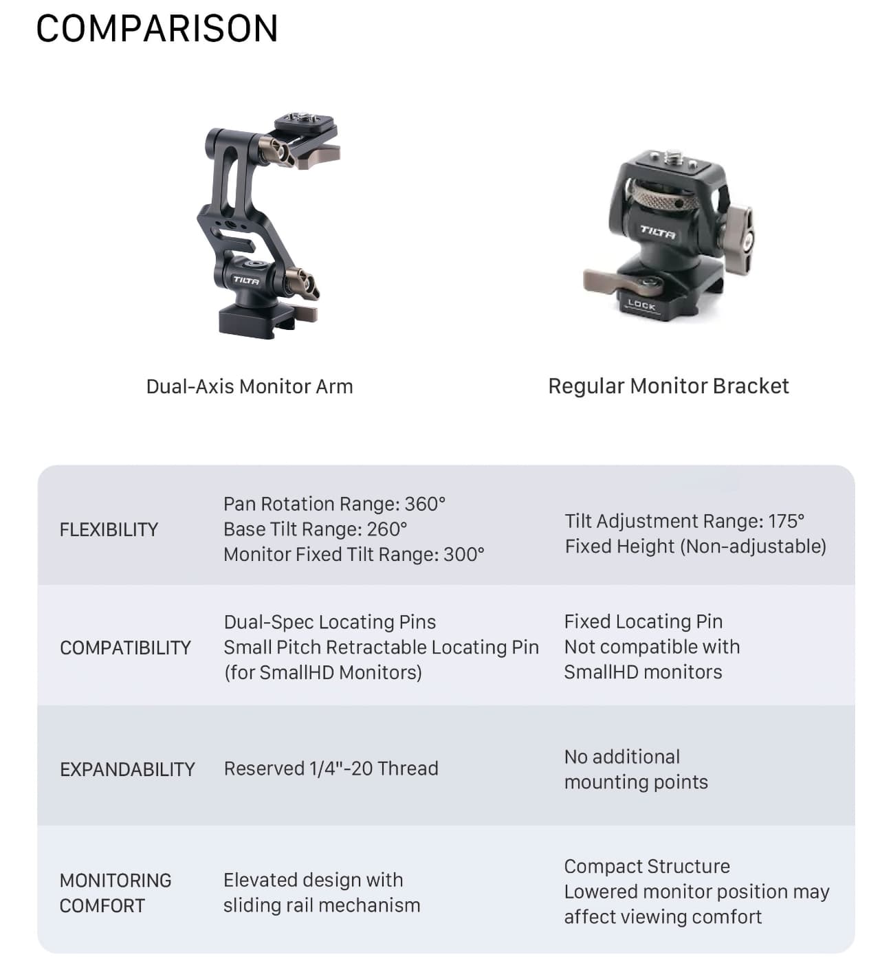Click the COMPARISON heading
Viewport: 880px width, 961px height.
pos(157,29)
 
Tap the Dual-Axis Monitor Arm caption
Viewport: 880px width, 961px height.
pos(250,386)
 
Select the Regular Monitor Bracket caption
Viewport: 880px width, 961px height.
pos(668,386)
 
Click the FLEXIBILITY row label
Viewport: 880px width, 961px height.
pos(109,529)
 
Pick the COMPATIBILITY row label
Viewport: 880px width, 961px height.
pos(125,648)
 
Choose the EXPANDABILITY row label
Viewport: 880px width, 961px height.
pos(127,769)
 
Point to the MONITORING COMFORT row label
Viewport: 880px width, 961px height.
pos(115,893)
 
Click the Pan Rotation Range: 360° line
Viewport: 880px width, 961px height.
pos(334,504)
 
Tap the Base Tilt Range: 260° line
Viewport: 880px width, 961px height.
pos(315,529)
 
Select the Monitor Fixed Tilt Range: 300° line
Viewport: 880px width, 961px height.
pos(353,554)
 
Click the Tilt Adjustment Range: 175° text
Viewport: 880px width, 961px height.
pos(684,521)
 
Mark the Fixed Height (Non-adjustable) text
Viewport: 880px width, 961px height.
pos(695,546)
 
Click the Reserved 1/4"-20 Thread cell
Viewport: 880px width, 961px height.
pos(331,769)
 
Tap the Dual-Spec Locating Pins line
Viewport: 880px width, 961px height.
pos(329,622)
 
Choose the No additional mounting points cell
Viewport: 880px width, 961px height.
pos(635,769)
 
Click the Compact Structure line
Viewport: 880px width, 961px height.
pos(646,866)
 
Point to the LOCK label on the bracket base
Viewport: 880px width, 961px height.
pos(641,305)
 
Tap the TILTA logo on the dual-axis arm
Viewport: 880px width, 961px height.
pos(245,280)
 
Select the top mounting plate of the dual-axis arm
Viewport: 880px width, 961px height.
pos(306,127)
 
